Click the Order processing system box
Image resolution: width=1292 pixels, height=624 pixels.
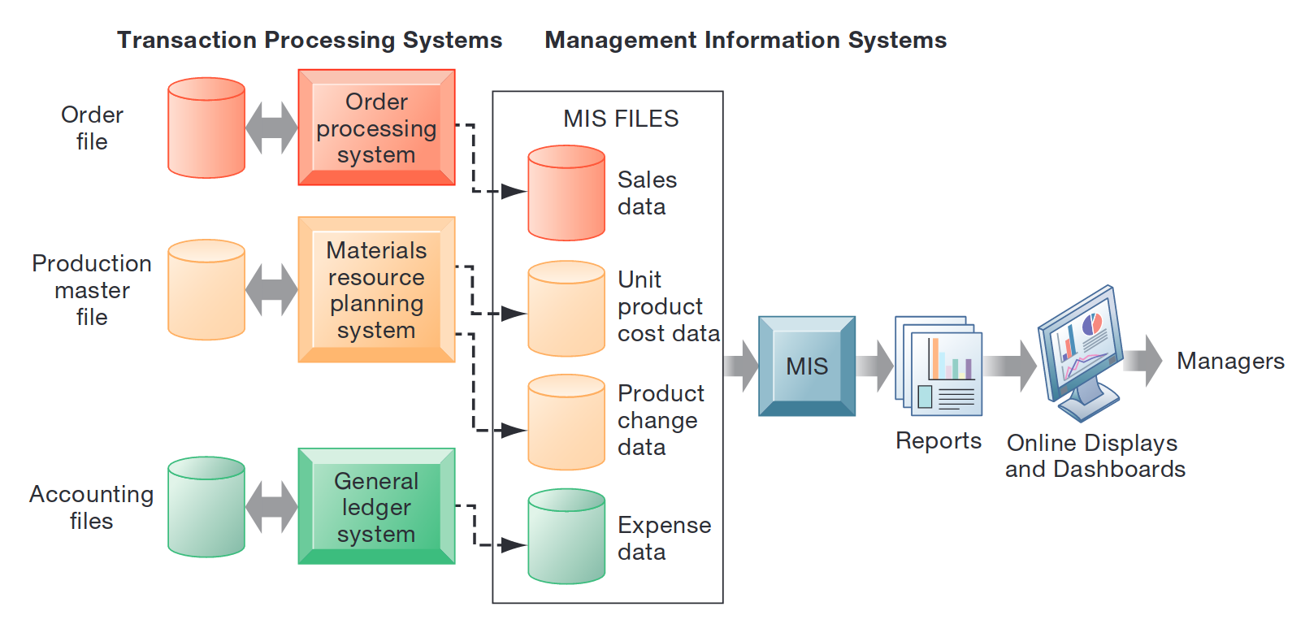[376, 128]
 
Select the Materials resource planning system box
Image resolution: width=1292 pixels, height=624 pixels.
[376, 289]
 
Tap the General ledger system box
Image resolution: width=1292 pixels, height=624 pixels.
[376, 506]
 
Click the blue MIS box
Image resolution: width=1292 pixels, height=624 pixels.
[806, 366]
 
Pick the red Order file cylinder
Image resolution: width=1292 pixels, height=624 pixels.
[206, 128]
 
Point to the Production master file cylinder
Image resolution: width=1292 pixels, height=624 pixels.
[206, 289]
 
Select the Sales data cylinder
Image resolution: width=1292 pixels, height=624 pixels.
[566, 193]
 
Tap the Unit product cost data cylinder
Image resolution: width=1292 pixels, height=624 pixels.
[566, 309]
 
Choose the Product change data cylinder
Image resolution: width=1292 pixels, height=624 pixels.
[566, 422]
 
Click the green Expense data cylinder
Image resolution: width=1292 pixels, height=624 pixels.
[566, 536]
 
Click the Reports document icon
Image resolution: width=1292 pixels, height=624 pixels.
[939, 366]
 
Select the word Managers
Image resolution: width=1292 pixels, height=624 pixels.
[1230, 361]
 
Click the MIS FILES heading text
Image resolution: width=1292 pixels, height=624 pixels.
[621, 119]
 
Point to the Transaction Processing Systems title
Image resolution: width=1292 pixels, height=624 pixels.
[310, 40]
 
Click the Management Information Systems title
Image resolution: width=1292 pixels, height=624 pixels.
[745, 40]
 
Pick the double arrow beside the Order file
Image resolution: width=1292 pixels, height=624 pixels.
[271, 128]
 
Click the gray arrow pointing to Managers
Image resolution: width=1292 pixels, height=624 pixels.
[1144, 360]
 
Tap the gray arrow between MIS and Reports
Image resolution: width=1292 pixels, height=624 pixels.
[874, 366]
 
